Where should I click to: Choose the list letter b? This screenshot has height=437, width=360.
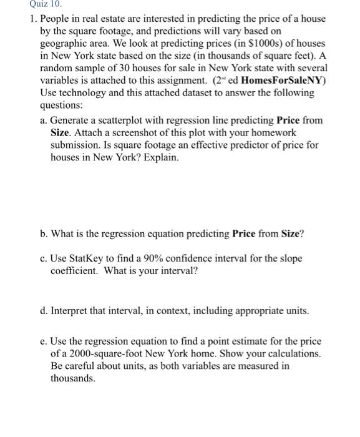(42, 234)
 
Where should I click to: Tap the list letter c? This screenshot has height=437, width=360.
(42, 259)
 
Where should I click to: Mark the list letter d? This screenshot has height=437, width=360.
(42, 310)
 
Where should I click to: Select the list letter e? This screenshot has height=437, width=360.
(42, 341)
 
